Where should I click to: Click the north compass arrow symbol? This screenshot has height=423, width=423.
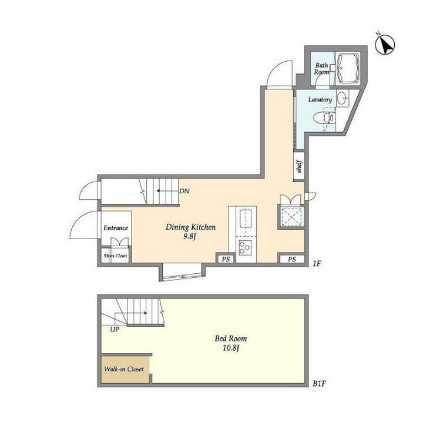[x=385, y=45]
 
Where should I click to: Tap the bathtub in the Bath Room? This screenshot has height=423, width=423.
[x=348, y=69]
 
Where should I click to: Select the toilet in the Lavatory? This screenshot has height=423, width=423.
[x=324, y=119]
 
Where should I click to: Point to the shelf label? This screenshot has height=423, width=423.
[x=299, y=166]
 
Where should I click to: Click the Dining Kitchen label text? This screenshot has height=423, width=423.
[x=191, y=227]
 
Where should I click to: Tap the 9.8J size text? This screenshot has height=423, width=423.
[x=190, y=237]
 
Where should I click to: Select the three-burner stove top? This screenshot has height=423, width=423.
[x=246, y=247]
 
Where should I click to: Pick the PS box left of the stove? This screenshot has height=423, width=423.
[x=226, y=259]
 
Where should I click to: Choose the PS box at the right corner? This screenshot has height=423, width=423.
[x=292, y=259]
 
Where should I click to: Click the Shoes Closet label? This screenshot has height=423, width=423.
[x=116, y=256]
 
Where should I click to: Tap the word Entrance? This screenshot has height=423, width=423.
[x=116, y=228]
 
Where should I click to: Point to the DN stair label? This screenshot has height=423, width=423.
[x=184, y=192]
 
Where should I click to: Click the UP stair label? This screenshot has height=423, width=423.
[x=115, y=330]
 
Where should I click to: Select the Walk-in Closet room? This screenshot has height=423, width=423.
[x=125, y=369]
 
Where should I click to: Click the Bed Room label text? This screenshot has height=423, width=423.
[x=231, y=338]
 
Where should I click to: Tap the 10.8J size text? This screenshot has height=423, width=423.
[x=231, y=348]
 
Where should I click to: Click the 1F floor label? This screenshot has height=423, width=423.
[x=317, y=263]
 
